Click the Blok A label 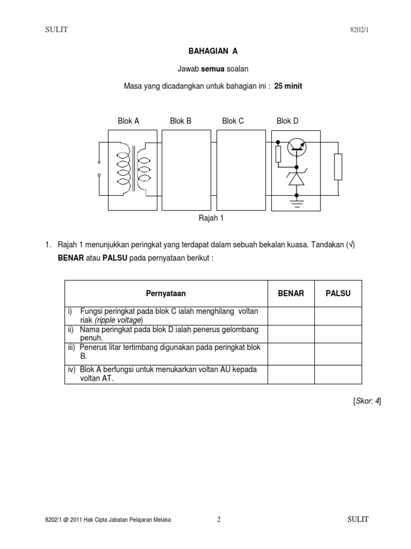tap(128, 121)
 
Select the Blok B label tap(180, 121)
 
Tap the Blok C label tap(233, 121)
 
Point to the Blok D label tap(287, 121)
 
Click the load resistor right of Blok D tap(338, 166)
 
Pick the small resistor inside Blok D tap(278, 154)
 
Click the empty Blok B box tap(186, 170)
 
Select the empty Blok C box tap(238, 170)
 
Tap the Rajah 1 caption tap(210, 218)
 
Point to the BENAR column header tap(291, 293)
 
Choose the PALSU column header tap(338, 293)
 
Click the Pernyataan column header tap(166, 293)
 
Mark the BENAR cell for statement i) tap(291, 316)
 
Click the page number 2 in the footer tap(219, 520)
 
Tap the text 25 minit tap(288, 86)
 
